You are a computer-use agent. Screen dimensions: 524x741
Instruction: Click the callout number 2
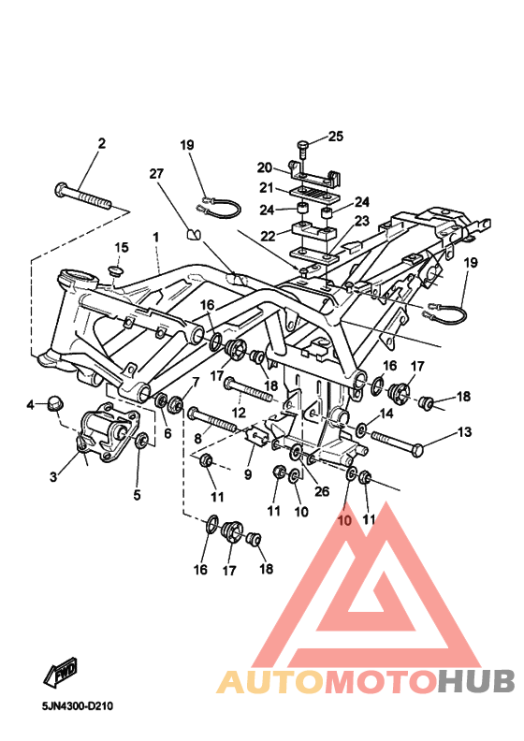click(x=102, y=143)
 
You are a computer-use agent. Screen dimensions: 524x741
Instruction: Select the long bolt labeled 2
click(x=83, y=196)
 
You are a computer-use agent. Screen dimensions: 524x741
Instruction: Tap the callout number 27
click(x=155, y=173)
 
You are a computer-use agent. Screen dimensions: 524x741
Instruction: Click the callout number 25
click(x=336, y=136)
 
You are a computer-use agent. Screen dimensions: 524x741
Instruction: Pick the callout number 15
click(x=122, y=247)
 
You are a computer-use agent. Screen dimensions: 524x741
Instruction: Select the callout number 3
click(x=54, y=477)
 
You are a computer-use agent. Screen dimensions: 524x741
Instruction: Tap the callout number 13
click(x=464, y=431)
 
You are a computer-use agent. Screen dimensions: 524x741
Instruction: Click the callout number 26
click(x=322, y=491)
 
